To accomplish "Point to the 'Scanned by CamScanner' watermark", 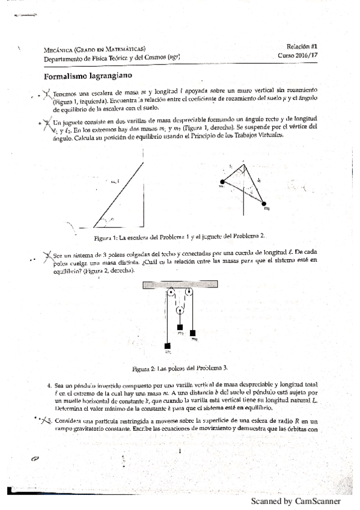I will point(296,500).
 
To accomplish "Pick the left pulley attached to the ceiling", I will point(171,293).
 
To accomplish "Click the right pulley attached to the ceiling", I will point(189,293).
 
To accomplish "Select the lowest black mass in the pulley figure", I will point(168,345).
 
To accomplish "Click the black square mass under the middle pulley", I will point(180,328).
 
